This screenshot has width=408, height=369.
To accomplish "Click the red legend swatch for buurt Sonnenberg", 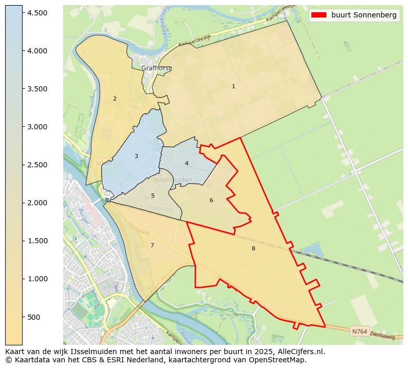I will pyautogui.click(x=319, y=15).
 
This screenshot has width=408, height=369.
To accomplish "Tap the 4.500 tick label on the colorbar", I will pyautogui.click(x=37, y=13).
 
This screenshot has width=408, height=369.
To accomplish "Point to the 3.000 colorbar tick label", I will pyautogui.click(x=37, y=127).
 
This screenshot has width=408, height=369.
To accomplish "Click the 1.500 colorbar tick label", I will pyautogui.click(x=37, y=241).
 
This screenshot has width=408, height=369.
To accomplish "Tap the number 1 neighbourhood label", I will pyautogui.click(x=233, y=87).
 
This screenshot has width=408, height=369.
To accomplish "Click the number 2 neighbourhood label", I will pyautogui.click(x=115, y=99).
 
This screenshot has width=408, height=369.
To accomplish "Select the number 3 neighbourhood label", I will pyautogui.click(x=136, y=156).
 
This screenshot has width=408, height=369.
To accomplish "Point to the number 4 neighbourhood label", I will pyautogui.click(x=187, y=164).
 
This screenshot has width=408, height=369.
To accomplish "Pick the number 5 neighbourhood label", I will pyautogui.click(x=153, y=196).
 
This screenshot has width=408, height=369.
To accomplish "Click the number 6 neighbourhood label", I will pyautogui.click(x=211, y=201).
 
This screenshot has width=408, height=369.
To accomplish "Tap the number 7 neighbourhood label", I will pyautogui.click(x=152, y=246).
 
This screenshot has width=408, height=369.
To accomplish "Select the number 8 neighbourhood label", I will pyautogui.click(x=253, y=249).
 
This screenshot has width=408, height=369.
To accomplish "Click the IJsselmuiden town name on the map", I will pyautogui.click(x=173, y=180).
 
